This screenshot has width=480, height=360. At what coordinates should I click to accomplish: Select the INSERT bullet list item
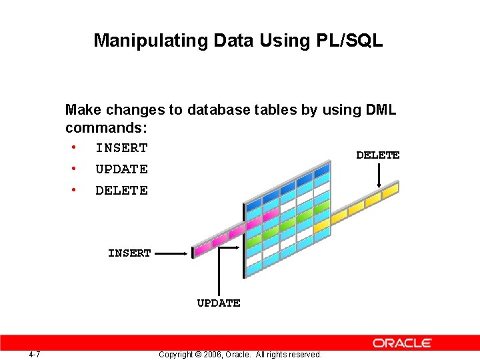pyautogui.click(x=121, y=148)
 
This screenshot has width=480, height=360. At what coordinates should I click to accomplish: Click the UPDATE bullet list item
pyautogui.click(x=121, y=169)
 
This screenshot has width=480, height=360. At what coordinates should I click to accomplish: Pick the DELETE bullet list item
pyautogui.click(x=121, y=191)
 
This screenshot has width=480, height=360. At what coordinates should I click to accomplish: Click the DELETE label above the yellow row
pyautogui.click(x=377, y=155)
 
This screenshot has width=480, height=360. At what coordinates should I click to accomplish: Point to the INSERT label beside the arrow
pyautogui.click(x=129, y=253)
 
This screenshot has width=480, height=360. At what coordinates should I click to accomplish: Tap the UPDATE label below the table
pyautogui.click(x=219, y=303)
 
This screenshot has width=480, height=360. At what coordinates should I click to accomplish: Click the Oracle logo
pyautogui.click(x=402, y=343)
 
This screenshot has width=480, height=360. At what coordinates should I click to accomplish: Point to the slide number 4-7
pyautogui.click(x=35, y=354)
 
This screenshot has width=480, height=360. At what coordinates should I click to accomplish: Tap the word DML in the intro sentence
pyautogui.click(x=381, y=110)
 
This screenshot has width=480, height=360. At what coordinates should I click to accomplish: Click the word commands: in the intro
pyautogui.click(x=106, y=127)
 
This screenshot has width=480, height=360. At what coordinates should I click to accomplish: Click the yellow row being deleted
pyautogui.click(x=363, y=203)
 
